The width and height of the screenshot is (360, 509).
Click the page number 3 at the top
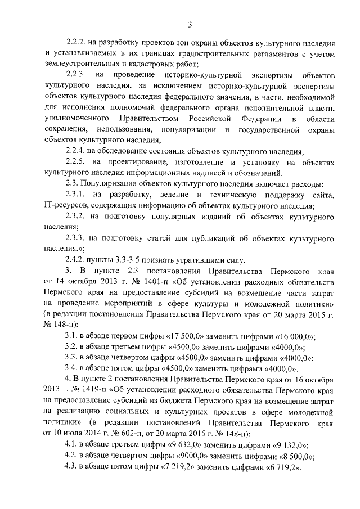[x=190, y=24]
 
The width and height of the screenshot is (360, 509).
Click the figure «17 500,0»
[x=187, y=335]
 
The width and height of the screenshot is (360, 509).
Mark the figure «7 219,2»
[x=176, y=468]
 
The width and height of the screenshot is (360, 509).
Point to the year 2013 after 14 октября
[x=105, y=281]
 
